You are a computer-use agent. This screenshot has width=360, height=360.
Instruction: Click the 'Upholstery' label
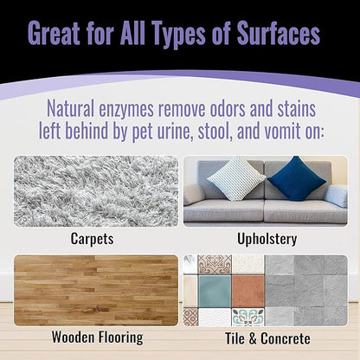click(x=267, y=236)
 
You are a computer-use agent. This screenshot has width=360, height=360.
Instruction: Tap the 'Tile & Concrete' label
click(x=267, y=338)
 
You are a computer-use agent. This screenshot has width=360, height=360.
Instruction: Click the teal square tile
click(x=211, y=288)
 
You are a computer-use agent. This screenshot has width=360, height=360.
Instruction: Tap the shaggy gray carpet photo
click(x=95, y=190)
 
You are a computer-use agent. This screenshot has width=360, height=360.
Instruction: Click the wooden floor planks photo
click(x=95, y=290)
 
